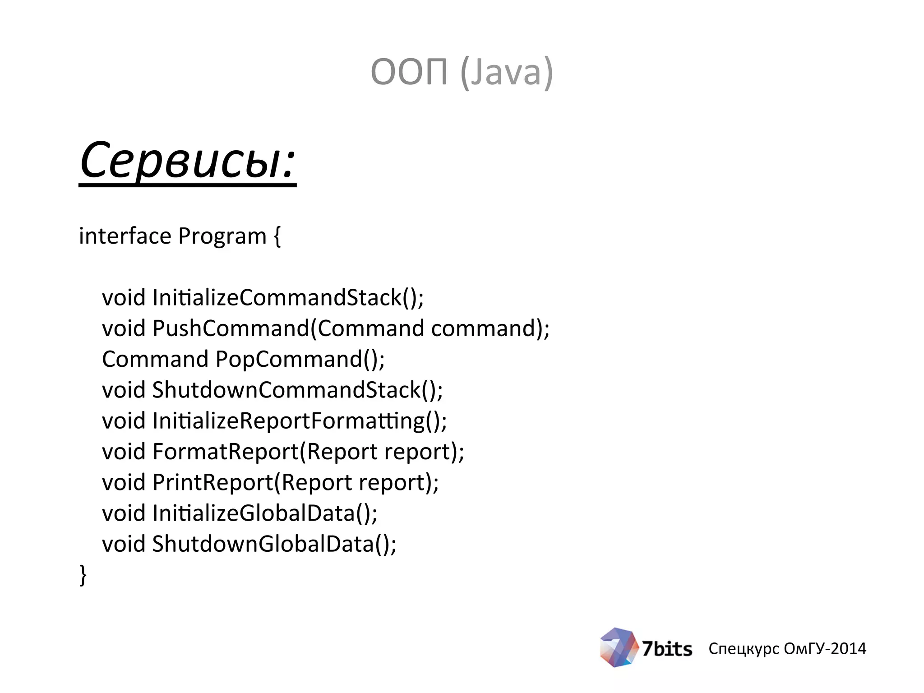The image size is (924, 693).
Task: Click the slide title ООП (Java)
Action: coord(462,72)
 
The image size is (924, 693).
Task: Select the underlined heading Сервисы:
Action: coord(187,162)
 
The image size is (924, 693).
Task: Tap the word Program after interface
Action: coord(222,236)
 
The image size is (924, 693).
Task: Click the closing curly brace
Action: coord(83,575)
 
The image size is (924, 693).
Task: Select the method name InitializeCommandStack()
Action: coord(288,298)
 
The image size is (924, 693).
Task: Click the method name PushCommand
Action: coord(231,328)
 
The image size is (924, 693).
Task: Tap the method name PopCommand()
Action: coord(300,360)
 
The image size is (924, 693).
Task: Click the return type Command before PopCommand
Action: coord(155,360)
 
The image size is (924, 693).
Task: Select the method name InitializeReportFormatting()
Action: coord(299,421)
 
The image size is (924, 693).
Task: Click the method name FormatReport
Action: coord(226,452)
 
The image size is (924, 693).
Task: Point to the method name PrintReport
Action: coord(213,482)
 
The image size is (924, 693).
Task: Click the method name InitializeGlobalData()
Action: coord(264,513)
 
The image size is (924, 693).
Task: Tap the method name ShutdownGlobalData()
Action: coord(274,544)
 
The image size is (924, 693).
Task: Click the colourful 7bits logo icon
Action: coord(618,648)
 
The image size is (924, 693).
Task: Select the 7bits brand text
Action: coord(667,649)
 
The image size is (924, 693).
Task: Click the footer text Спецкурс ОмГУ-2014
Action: coord(787,648)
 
